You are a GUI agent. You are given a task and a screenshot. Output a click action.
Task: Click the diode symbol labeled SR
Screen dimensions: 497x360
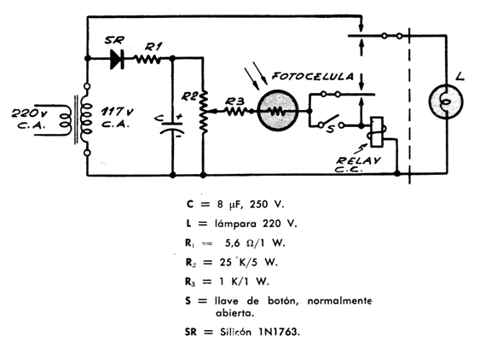point(118,59)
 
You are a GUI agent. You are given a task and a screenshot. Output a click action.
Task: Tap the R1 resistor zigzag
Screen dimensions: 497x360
point(148,59)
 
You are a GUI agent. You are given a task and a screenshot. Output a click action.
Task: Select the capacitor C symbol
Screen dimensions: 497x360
point(173,127)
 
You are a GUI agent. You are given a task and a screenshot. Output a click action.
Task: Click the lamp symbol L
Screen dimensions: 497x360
point(446,102)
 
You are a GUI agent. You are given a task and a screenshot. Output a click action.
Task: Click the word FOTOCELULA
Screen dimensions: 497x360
point(313,77)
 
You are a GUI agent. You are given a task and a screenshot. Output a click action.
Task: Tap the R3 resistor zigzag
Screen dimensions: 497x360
point(235,111)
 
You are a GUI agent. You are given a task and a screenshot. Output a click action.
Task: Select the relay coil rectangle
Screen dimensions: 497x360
point(377,132)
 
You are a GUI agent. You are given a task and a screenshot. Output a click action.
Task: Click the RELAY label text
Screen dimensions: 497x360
point(359,160)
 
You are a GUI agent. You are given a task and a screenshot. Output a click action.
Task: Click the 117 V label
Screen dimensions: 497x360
point(118,112)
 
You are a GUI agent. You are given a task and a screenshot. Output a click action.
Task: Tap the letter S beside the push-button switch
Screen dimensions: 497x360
point(330,129)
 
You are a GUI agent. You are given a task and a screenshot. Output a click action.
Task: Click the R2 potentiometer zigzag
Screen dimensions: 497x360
point(204,112)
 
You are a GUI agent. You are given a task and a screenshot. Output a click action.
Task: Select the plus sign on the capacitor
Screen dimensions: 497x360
point(179,117)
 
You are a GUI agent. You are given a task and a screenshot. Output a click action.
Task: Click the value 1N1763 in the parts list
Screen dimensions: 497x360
point(279,332)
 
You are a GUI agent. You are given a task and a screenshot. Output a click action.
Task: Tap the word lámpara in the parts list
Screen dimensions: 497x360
point(235,224)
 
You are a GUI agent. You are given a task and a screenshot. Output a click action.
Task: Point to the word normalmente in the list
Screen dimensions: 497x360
point(339,300)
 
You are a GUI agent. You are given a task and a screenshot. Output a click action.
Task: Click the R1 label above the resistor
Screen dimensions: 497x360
point(153,47)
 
